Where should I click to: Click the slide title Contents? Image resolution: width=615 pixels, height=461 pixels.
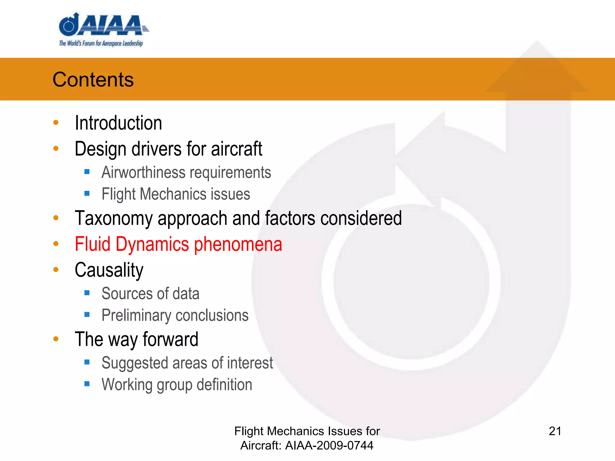click(x=93, y=80)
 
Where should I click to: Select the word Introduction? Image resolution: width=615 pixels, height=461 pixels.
click(x=118, y=123)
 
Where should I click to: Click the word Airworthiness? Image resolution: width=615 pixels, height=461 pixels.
click(x=144, y=173)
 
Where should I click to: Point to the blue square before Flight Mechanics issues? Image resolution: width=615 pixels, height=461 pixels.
click(x=87, y=194)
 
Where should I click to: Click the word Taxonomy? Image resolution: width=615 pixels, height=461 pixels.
click(x=114, y=218)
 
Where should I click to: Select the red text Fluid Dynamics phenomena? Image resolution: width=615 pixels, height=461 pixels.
click(x=178, y=244)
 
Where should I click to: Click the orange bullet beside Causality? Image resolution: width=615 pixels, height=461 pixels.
click(x=56, y=270)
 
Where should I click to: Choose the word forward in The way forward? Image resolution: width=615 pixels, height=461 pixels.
click(x=170, y=339)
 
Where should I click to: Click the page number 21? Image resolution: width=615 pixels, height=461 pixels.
click(x=555, y=431)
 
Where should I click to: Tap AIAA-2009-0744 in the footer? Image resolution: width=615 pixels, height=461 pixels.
click(x=329, y=445)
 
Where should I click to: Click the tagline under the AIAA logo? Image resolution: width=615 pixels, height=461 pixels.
click(x=101, y=44)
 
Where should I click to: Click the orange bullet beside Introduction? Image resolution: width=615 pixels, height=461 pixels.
click(x=56, y=122)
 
